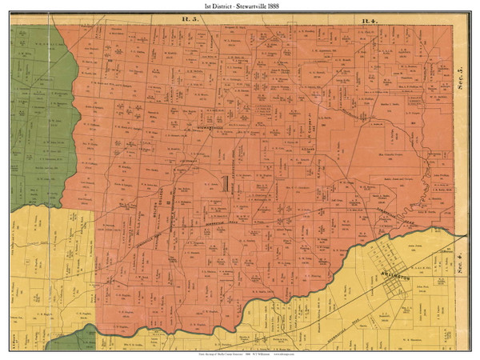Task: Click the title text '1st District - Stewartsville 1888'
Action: [x=239, y=5]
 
